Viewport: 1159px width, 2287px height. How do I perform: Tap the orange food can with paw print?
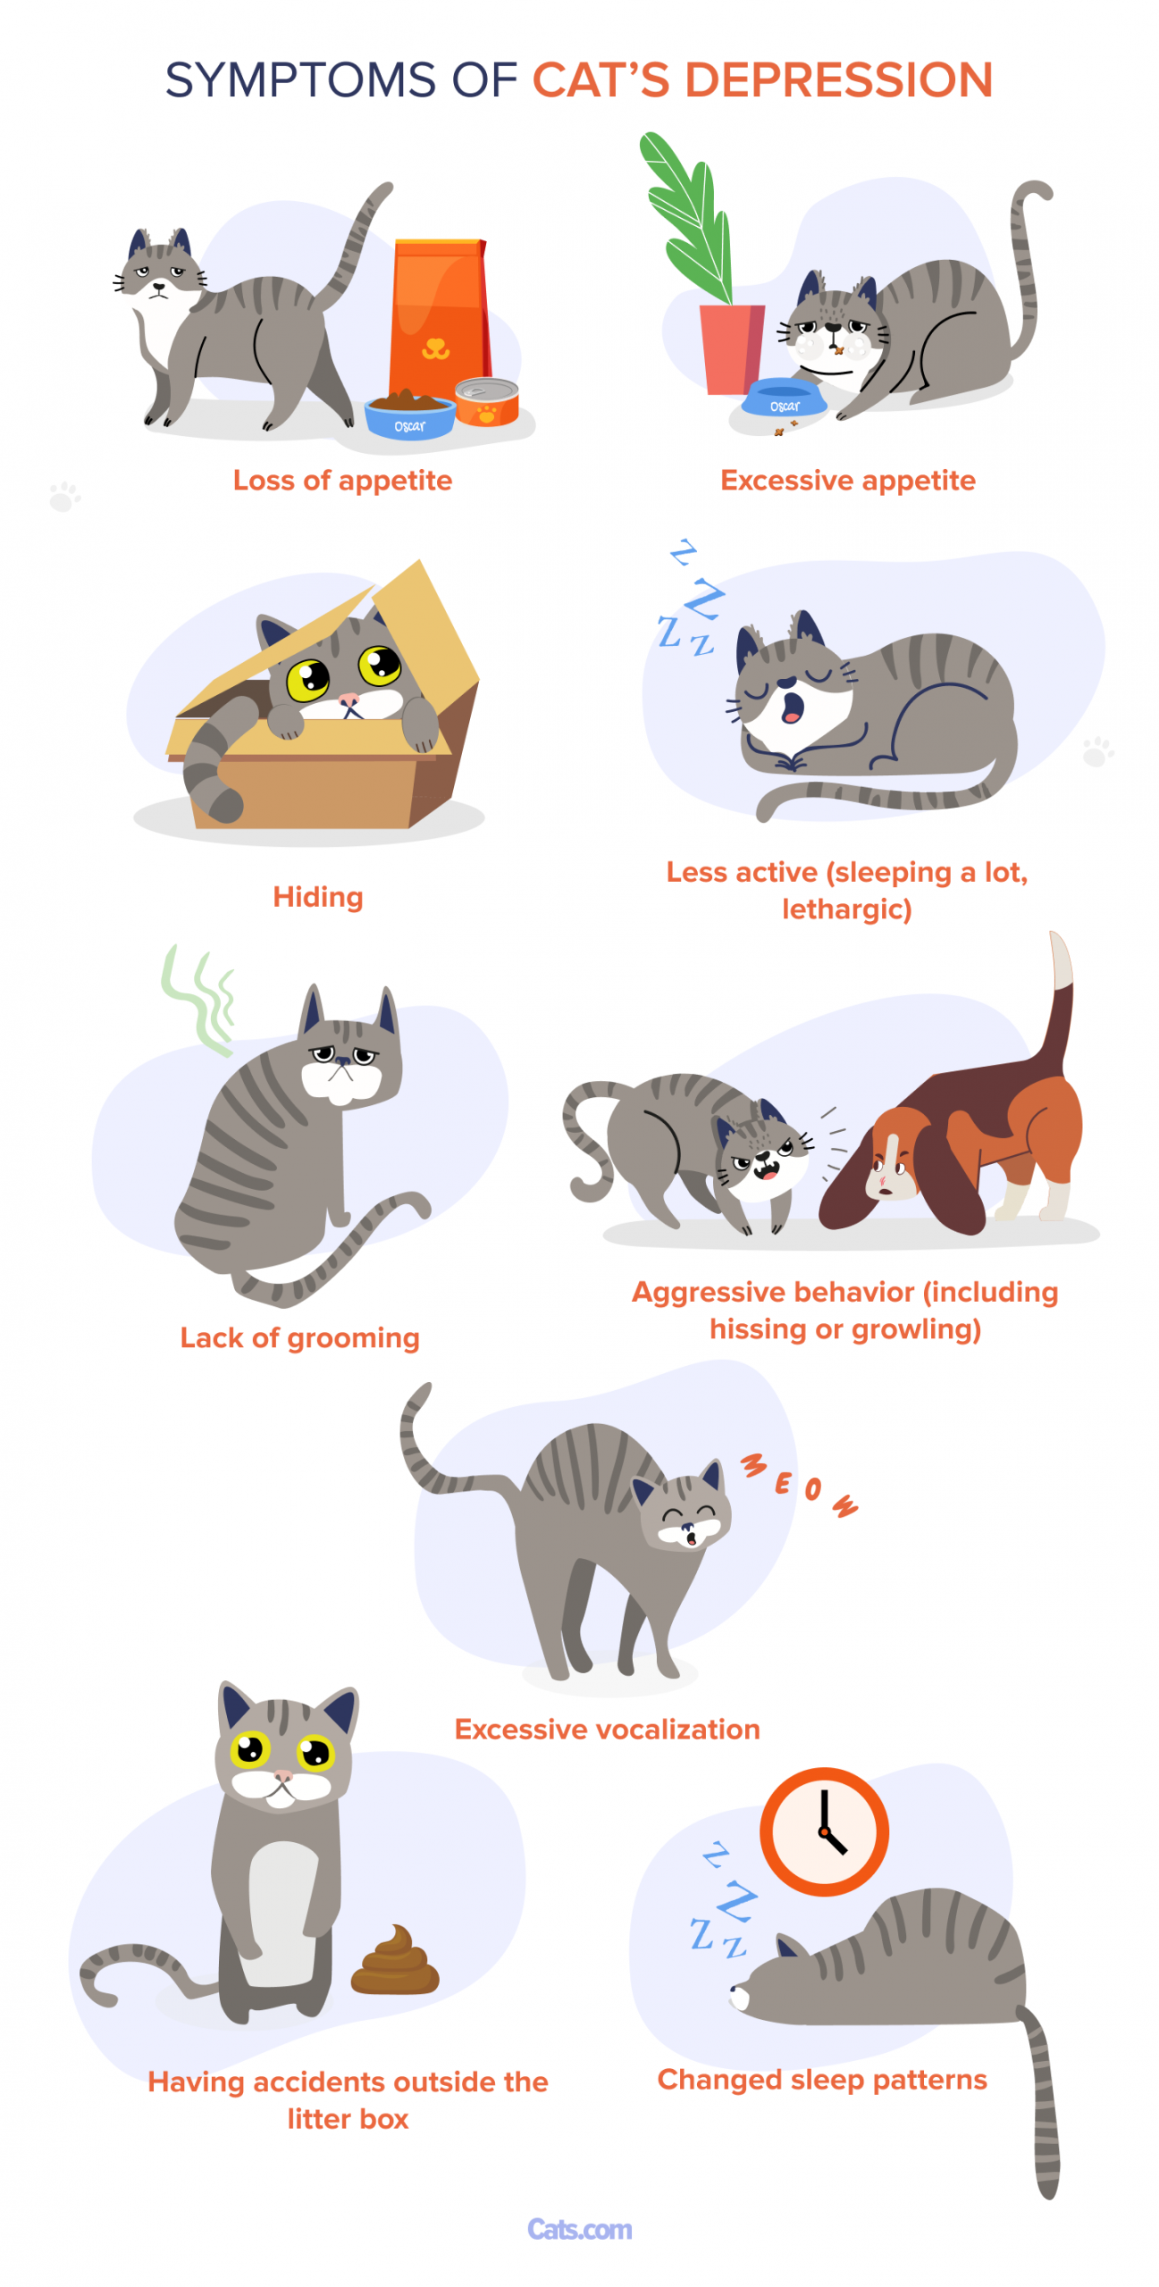click(486, 401)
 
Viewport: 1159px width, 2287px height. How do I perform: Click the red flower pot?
click(731, 348)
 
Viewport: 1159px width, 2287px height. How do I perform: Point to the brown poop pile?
click(394, 1960)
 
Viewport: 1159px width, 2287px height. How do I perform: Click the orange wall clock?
click(823, 1831)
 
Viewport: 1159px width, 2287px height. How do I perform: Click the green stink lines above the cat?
click(198, 999)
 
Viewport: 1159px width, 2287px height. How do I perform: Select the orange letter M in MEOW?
click(753, 1465)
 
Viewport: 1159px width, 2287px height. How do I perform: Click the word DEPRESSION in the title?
click(838, 80)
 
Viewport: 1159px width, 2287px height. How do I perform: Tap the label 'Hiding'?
click(318, 896)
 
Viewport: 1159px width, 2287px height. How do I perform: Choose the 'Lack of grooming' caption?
click(299, 1337)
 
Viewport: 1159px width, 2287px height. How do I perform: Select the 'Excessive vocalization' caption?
click(607, 1729)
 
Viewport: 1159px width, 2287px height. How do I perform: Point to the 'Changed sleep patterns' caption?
click(821, 2080)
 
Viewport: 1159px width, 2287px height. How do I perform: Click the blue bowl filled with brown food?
click(409, 415)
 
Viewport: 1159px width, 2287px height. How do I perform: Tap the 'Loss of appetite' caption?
click(342, 481)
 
